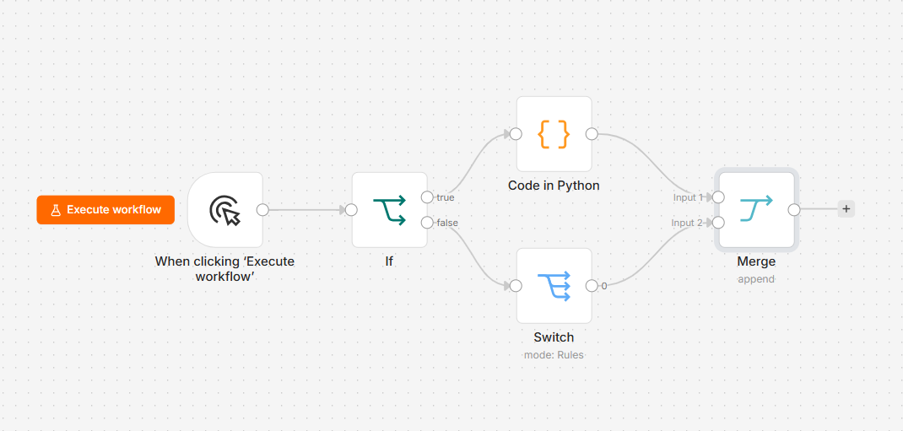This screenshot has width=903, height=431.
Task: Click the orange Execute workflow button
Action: pyautogui.click(x=105, y=209)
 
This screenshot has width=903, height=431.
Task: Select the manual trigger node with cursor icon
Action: pyautogui.click(x=225, y=209)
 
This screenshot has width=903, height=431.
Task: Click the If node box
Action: pyautogui.click(x=390, y=209)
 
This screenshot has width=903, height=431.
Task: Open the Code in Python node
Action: pyautogui.click(x=554, y=134)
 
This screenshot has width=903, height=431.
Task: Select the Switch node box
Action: pyautogui.click(x=554, y=285)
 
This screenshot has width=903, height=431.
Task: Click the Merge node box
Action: pyautogui.click(x=756, y=209)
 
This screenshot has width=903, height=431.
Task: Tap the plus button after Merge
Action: pyautogui.click(x=846, y=209)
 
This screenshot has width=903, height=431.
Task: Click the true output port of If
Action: pyautogui.click(x=427, y=197)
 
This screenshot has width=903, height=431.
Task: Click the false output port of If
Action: pyautogui.click(x=427, y=223)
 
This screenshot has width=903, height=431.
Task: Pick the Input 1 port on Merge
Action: pyautogui.click(x=718, y=197)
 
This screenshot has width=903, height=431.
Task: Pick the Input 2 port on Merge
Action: pyautogui.click(x=718, y=223)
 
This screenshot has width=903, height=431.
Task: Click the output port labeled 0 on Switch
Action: pyautogui.click(x=592, y=285)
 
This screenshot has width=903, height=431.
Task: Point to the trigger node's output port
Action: pyautogui.click(x=262, y=209)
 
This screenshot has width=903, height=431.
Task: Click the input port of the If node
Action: pyautogui.click(x=351, y=209)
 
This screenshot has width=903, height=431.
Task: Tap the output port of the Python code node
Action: pyautogui.click(x=592, y=134)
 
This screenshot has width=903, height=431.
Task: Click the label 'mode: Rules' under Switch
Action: pyautogui.click(x=554, y=355)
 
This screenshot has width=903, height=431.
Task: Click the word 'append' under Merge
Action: pyautogui.click(x=756, y=279)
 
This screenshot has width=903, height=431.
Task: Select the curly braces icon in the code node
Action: pyautogui.click(x=554, y=134)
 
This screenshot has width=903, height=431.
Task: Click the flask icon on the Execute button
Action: pyautogui.click(x=56, y=210)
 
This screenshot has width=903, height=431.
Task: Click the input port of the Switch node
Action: pyautogui.click(x=516, y=285)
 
